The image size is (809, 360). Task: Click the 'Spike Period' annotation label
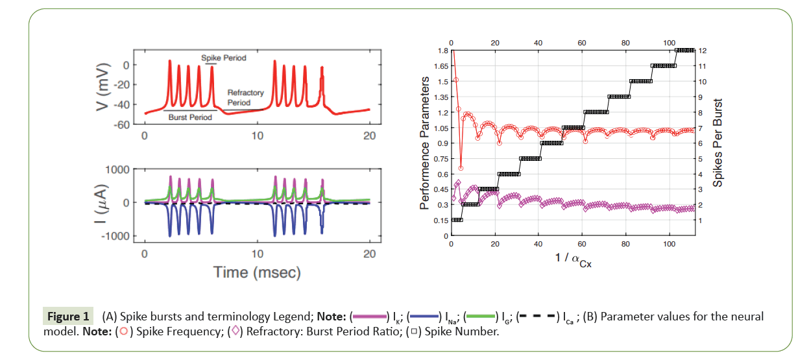(x=224, y=58)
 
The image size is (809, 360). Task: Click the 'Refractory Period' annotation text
(x=245, y=97)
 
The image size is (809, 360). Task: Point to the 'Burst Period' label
(x=190, y=117)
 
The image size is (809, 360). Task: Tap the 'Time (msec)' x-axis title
(x=258, y=273)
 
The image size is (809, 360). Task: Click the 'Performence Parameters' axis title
(x=425, y=143)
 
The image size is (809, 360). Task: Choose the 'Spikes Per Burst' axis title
(x=718, y=143)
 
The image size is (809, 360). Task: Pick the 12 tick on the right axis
(x=702, y=51)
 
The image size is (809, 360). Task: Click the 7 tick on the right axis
(x=701, y=128)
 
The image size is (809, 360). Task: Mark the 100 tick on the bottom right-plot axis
(x=670, y=244)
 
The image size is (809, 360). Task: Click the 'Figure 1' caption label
(x=68, y=317)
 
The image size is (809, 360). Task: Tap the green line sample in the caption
(x=481, y=317)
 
